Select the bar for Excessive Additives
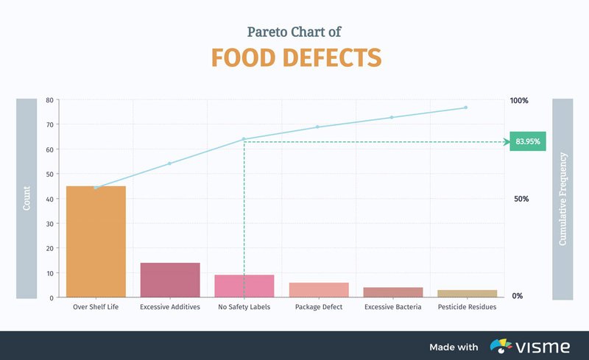click(170, 280)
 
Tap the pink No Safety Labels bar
click(244, 286)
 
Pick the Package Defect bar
click(318, 289)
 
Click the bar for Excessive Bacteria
click(392, 292)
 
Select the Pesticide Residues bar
click(467, 293)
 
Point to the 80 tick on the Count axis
click(49, 100)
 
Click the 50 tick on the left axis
click(49, 174)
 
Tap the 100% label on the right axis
click(519, 100)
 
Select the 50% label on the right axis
click(519, 199)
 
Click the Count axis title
click(27, 199)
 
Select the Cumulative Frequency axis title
click(562, 199)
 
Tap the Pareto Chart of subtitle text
click(294, 32)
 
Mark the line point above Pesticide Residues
click(466, 107)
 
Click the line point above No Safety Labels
click(244, 139)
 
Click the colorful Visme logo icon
click(502, 346)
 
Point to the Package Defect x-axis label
click(318, 307)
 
